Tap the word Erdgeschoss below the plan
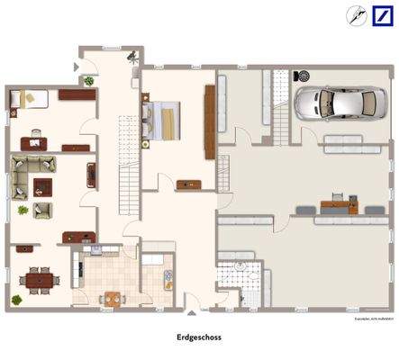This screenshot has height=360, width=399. [x=199, y=338]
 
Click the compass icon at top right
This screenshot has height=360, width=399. [x=354, y=15]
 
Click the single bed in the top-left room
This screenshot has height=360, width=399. [x=27, y=98]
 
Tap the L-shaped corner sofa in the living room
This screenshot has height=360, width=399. [x=30, y=166]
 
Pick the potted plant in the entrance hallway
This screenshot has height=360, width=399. [x=89, y=81]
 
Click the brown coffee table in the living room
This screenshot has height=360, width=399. [x=41, y=186]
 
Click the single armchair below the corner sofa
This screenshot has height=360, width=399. [x=41, y=210]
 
